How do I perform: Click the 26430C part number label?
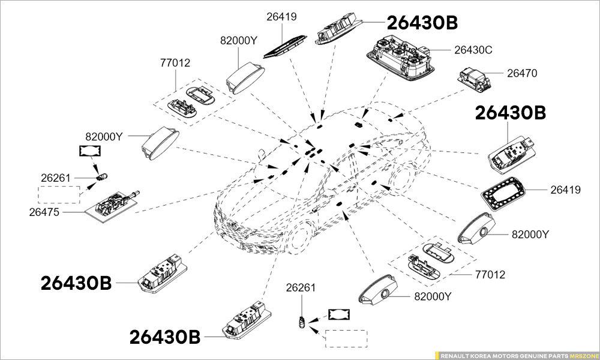click(x=473, y=50)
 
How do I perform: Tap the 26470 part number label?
click(x=522, y=74)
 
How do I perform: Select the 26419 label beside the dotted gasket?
click(x=566, y=190)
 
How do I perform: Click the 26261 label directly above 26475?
click(x=56, y=178)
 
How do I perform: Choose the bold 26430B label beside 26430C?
click(x=422, y=23)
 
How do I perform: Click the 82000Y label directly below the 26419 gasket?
click(x=530, y=234)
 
